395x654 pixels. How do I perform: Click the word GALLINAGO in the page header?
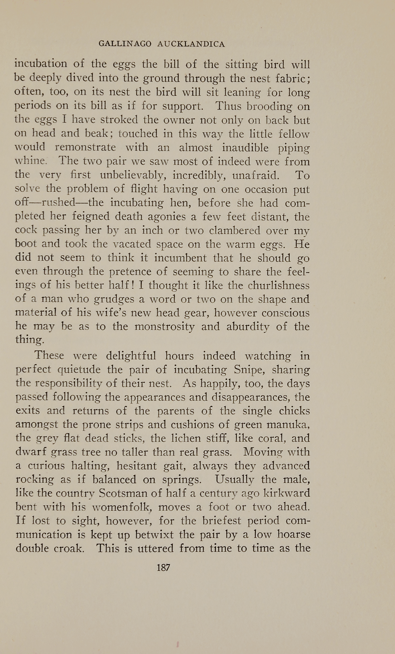125,44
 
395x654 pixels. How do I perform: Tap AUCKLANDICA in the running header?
191,44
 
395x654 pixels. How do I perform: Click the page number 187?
163,567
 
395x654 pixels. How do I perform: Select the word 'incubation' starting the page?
41,64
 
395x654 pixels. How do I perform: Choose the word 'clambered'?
235,231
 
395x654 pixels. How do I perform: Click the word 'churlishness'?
278,286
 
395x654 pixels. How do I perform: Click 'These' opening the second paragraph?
49,355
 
